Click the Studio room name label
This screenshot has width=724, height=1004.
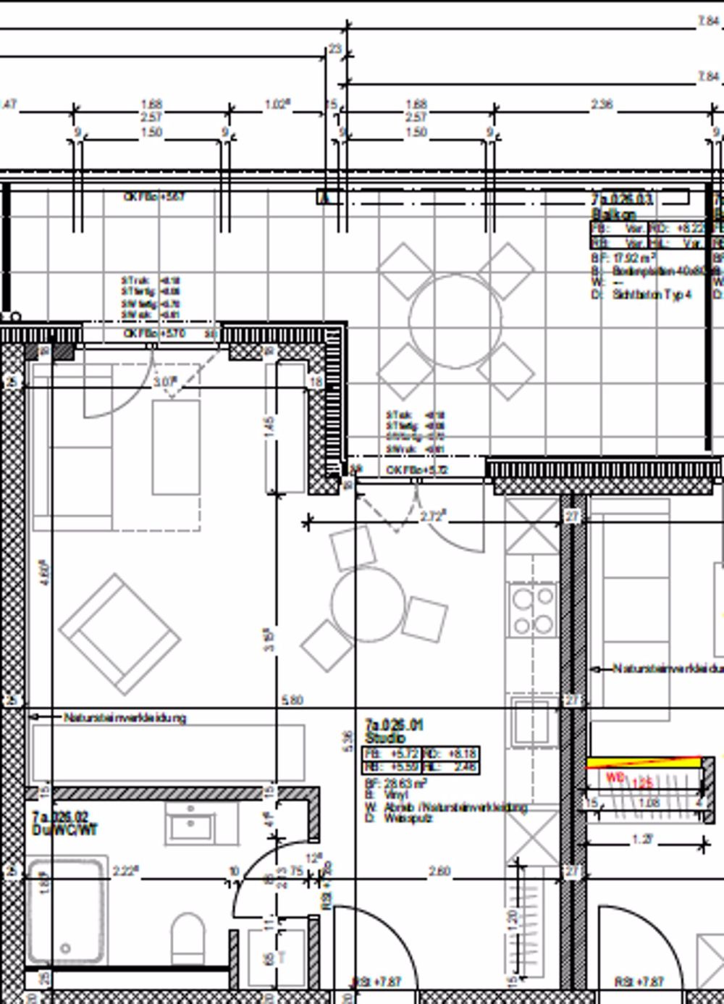(385, 738)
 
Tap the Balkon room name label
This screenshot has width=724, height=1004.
(614, 214)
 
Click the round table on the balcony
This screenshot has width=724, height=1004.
(455, 319)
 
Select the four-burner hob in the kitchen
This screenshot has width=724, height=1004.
(532, 611)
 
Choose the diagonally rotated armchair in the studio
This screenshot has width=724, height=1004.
(119, 633)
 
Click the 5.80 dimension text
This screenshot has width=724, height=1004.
(291, 700)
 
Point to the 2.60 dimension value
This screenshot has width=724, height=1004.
(439, 871)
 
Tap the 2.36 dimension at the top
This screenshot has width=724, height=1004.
(602, 104)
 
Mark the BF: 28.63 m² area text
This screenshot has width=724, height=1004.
(405, 783)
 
